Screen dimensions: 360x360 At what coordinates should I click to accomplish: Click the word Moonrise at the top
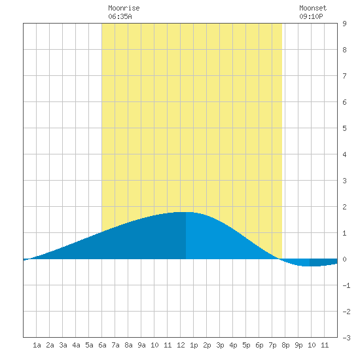click(124, 8)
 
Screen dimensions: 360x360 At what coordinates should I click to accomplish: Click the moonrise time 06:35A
click(120, 16)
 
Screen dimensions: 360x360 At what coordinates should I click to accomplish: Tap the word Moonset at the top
click(313, 8)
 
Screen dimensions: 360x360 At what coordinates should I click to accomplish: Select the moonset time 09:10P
click(311, 16)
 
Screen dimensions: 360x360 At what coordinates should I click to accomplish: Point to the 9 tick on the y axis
click(344, 24)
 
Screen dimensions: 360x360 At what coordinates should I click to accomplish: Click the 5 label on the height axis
click(344, 128)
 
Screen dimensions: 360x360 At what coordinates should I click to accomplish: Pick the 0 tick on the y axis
click(344, 259)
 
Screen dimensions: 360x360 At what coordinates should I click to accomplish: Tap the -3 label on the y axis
click(346, 338)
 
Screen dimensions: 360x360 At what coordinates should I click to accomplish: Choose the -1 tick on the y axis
click(346, 285)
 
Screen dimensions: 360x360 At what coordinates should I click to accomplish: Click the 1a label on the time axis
click(37, 345)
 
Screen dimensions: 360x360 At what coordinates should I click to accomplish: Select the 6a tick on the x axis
click(102, 345)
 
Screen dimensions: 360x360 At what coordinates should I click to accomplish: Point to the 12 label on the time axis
click(181, 345)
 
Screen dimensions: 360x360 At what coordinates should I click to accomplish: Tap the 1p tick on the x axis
click(194, 345)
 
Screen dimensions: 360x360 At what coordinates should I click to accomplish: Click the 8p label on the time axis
click(285, 345)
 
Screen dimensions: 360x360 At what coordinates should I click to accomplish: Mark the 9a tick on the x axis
click(141, 345)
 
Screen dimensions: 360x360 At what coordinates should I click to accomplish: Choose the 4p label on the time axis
click(233, 345)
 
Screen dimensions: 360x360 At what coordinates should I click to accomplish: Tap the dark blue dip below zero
click(323, 262)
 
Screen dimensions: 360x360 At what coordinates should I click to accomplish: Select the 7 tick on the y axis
click(344, 76)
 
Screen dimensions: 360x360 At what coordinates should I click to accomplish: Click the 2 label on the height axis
click(344, 207)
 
